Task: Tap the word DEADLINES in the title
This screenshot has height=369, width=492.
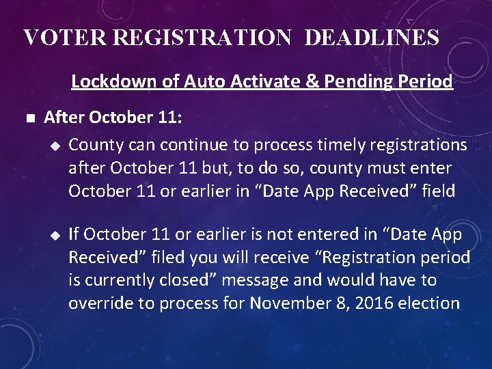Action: [371, 38]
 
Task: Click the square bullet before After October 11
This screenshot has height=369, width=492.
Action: [27, 119]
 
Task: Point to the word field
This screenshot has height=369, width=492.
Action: [437, 191]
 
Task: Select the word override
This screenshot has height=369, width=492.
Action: [98, 303]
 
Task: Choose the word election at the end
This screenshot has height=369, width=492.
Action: [428, 303]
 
